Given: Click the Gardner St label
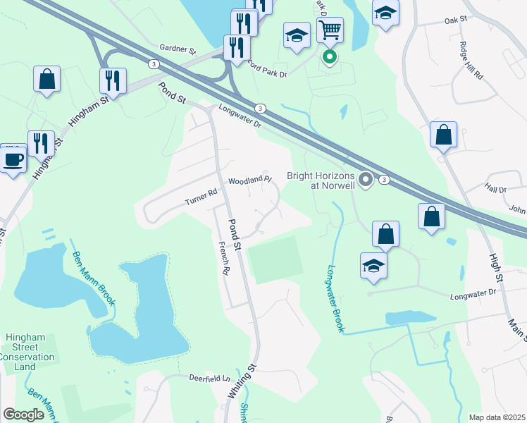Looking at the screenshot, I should [x=178, y=50].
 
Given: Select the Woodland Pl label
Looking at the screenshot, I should [x=249, y=180].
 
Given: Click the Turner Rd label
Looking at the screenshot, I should [x=201, y=197].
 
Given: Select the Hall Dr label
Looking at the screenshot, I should [x=495, y=189].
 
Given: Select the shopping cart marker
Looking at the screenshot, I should [x=330, y=30].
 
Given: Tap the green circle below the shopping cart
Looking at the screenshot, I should [x=329, y=57].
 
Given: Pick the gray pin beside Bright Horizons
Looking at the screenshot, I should [x=365, y=180].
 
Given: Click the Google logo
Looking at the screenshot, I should [x=23, y=415].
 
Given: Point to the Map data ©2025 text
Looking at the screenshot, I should [x=497, y=417].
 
